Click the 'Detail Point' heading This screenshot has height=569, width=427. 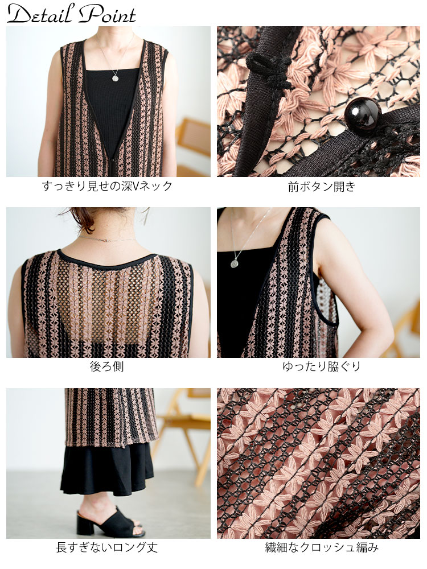tap(71, 14)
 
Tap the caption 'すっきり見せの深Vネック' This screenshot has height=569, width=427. tap(107, 186)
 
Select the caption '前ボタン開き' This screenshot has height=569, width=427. tap(321, 187)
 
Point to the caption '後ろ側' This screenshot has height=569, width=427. tap(107, 366)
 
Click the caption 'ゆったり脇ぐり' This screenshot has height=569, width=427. tap(321, 366)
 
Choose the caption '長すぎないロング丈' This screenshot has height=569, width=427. tap(107, 547)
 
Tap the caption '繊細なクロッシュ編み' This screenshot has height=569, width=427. tap(321, 547)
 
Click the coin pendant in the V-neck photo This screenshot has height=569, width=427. tap(115, 78)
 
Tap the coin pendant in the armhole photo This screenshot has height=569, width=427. tap(234, 263)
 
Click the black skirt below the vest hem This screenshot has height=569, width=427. tap(107, 468)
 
